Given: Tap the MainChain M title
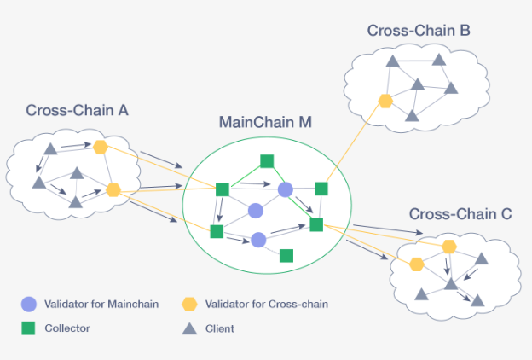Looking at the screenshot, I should coord(265,122).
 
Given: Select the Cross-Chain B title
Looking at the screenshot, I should coord(419,31).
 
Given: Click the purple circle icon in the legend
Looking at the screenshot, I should coord(29,304).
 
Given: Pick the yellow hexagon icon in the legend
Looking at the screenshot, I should coord(189,304).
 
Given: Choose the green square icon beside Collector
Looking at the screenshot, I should coord(29,328).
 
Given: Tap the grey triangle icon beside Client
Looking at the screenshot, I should coord(189,328).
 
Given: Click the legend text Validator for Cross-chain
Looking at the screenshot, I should coord(267,304).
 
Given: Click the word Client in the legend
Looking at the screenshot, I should coord(220,328).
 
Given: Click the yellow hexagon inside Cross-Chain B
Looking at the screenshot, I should coord(385,101).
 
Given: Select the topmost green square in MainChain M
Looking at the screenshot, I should coord(267,160).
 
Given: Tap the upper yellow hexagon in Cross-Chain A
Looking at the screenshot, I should coord(101,147).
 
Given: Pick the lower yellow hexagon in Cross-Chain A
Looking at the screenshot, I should coord(113,189).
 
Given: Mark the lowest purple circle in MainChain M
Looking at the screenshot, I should coord(258,241).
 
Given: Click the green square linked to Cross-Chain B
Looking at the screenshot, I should coord(321,189).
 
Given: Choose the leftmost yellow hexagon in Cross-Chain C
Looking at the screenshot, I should coord(417,264).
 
